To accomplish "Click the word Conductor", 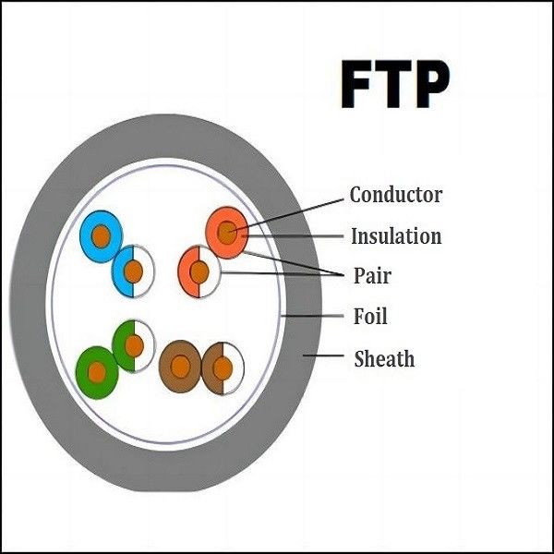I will click(395, 195).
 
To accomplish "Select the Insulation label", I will click(395, 236).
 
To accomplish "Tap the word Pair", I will click(373, 275).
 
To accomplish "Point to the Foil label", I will click(370, 317).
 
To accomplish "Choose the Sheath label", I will click(384, 358).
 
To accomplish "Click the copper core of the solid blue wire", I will click(101, 236).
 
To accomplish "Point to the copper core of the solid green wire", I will click(96, 372).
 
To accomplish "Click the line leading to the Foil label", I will click(314, 317).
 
